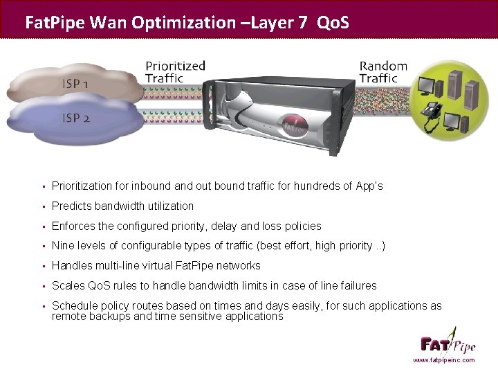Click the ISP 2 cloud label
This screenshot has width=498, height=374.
point(76,118)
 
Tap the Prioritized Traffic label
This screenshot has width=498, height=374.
point(175,72)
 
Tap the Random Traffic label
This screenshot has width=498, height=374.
point(383,72)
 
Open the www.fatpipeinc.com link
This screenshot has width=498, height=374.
point(443,360)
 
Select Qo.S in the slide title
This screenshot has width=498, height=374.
point(333,22)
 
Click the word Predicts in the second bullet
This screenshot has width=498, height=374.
point(72,206)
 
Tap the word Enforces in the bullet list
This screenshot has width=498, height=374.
point(74,226)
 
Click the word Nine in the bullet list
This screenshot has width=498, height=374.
point(62,246)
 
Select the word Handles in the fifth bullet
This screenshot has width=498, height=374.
point(72,265)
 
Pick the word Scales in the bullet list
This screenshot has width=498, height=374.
point(68,285)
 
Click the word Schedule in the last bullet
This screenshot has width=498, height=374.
point(74,305)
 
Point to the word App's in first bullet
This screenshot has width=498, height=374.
point(368,186)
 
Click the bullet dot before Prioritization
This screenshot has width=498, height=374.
point(43,186)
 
